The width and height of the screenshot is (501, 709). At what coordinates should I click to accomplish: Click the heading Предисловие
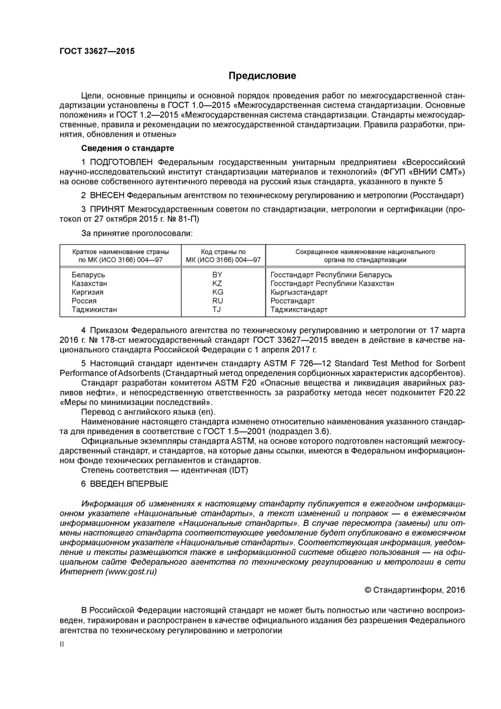click(262, 76)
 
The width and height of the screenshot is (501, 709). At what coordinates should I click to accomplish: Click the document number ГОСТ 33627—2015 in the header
click(97, 51)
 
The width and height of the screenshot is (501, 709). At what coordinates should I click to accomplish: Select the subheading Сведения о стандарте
click(127, 148)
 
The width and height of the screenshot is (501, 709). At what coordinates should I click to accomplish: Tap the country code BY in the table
click(217, 275)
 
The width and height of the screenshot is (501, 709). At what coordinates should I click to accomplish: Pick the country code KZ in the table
click(217, 283)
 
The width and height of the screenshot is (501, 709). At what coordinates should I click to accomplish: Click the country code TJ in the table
click(217, 310)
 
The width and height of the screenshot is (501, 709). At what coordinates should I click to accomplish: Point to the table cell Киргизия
click(88, 292)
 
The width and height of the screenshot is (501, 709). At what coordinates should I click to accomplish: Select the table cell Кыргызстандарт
click(299, 292)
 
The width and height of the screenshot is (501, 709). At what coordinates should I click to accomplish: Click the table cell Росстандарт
click(293, 301)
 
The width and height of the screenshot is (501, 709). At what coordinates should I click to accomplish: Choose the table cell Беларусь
click(89, 275)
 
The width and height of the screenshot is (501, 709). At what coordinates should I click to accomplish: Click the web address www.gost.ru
click(131, 572)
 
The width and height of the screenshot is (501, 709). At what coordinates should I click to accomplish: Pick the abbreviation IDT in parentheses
click(238, 470)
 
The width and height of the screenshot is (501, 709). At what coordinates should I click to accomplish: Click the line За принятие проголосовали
click(137, 233)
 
